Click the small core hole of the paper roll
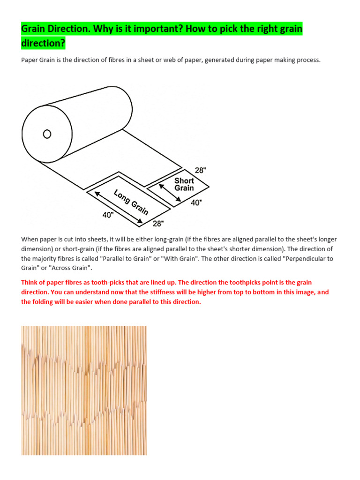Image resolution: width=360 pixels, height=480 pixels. pyautogui.click(x=47, y=134)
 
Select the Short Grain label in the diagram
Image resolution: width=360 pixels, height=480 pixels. pyautogui.click(x=184, y=184)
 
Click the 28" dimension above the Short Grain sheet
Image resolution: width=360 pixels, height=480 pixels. pyautogui.click(x=200, y=170)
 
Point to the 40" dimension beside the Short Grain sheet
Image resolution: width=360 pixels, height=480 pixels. pyautogui.click(x=196, y=202)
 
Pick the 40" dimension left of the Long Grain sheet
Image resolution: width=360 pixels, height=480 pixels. pyautogui.click(x=108, y=215)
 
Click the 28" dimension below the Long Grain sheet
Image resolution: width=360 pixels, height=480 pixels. pyautogui.click(x=158, y=223)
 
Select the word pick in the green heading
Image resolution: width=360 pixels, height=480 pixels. pyautogui.click(x=208, y=30)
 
